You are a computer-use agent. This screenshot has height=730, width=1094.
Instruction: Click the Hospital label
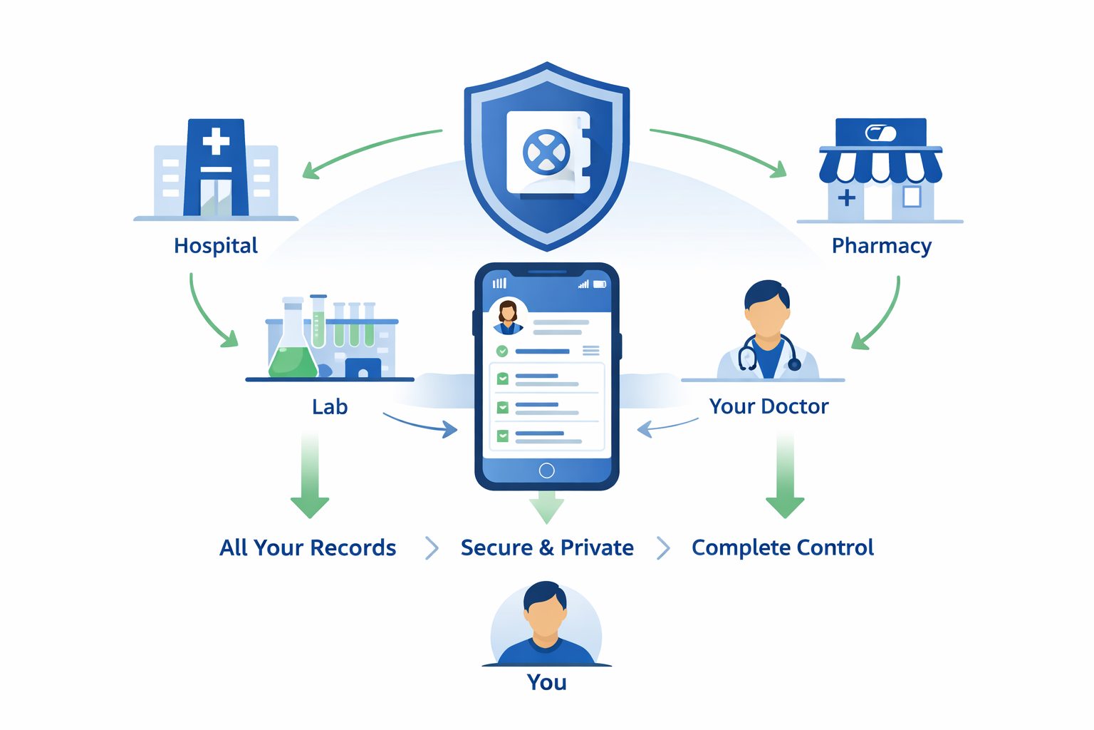[216, 245]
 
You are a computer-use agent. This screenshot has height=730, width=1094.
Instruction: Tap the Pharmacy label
[882, 246]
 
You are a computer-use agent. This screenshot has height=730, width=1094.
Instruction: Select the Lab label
[330, 407]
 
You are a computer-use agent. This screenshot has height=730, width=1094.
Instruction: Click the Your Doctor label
[769, 406]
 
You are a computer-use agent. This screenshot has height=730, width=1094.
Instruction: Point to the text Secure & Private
[547, 547]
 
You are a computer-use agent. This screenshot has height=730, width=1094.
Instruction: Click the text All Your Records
[308, 547]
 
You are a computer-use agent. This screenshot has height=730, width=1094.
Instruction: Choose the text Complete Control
[783, 547]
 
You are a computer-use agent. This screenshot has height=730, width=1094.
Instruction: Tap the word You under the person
[546, 682]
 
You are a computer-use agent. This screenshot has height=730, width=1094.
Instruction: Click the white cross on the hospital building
[216, 141]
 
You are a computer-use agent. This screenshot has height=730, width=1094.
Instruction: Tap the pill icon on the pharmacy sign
[880, 133]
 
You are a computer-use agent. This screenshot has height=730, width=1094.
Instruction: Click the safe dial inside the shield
[546, 153]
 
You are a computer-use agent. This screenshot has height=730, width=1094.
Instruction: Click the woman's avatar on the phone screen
[508, 317]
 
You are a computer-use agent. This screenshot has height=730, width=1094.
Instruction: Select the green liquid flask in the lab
[293, 341]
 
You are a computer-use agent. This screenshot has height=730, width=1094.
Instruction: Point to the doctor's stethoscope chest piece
[795, 364]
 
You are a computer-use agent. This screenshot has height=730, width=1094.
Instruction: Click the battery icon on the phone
[600, 284]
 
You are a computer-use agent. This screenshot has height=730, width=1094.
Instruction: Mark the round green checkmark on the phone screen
[502, 351]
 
